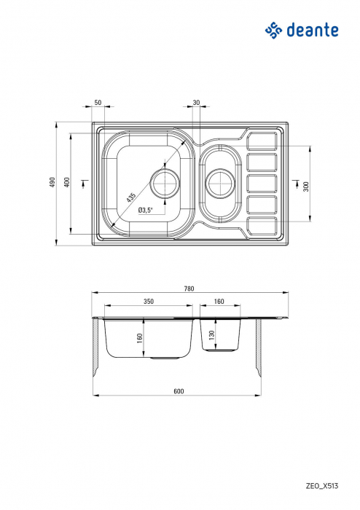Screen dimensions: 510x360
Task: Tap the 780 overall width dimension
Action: pyautogui.click(x=189, y=289)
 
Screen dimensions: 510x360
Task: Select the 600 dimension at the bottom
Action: pyautogui.click(x=179, y=391)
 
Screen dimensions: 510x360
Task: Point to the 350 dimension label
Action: pyautogui.click(x=149, y=300)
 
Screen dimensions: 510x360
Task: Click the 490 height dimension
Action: pyautogui.click(x=52, y=182)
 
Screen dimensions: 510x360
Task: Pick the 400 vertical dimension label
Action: pyautogui.click(x=66, y=182)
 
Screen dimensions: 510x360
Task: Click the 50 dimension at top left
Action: pyautogui.click(x=98, y=103)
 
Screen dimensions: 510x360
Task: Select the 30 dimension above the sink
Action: pyautogui.click(x=196, y=103)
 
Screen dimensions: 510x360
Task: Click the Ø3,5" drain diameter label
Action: pyautogui.click(x=144, y=211)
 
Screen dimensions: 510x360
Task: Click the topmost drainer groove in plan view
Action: pyautogui.click(x=262, y=141)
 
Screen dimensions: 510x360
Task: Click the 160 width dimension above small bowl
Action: pyautogui.click(x=219, y=300)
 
